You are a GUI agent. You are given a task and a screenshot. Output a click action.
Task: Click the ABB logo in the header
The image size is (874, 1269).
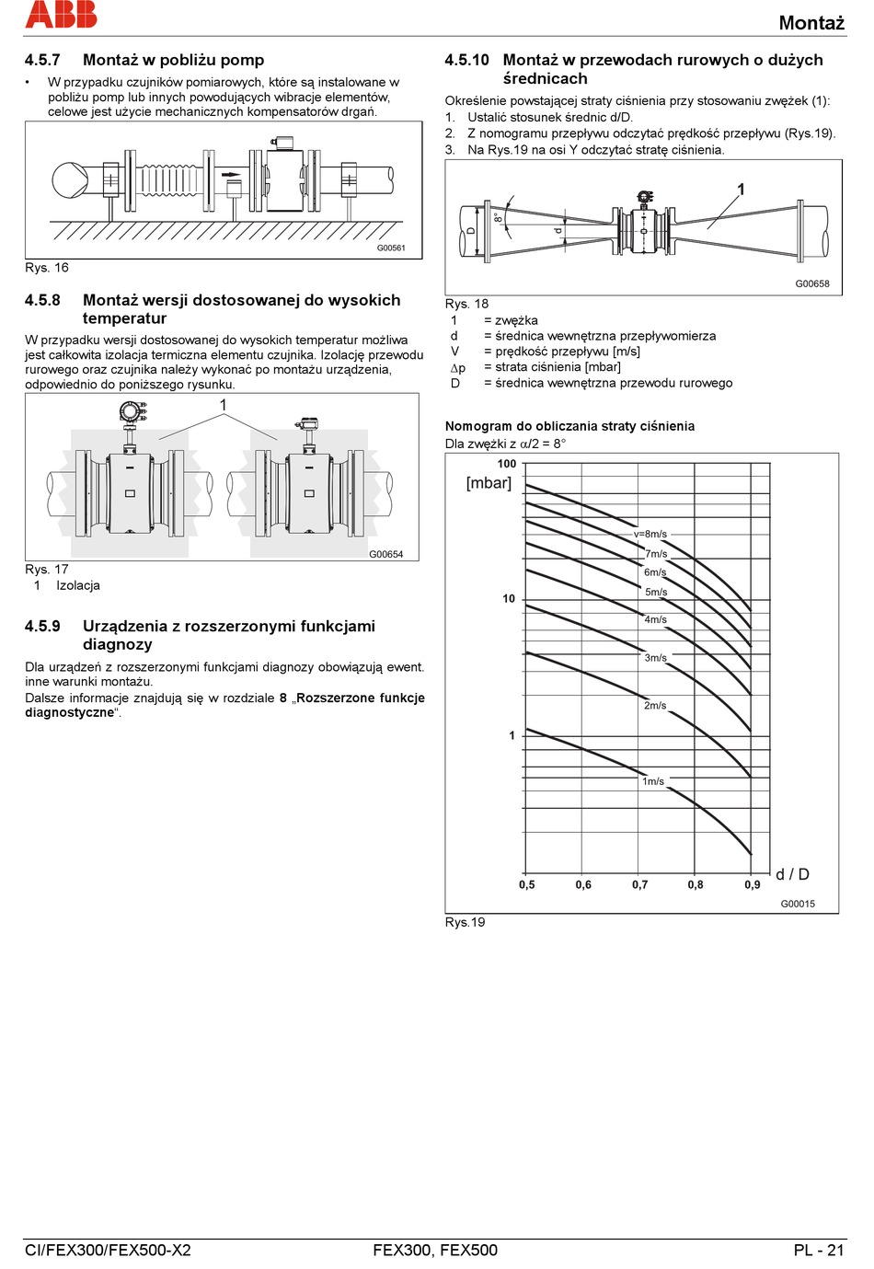point(61,14)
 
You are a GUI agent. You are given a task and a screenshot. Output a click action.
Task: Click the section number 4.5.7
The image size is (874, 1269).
point(42,60)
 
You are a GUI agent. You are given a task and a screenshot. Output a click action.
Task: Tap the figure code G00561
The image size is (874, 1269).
point(391,248)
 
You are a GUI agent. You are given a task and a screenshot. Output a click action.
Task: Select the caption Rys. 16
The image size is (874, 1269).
point(47,268)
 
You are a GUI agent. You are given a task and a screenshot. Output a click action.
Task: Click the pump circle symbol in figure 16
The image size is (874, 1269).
point(69,180)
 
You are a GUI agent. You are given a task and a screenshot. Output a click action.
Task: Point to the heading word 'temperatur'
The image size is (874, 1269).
point(124,318)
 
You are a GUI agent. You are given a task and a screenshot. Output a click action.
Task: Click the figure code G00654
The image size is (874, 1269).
point(386,554)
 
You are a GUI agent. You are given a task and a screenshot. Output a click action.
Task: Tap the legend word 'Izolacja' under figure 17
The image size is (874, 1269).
point(78,585)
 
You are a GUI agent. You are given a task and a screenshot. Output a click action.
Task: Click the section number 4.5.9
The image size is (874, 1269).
point(42,626)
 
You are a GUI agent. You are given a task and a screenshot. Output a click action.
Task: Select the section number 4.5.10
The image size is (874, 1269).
point(466,60)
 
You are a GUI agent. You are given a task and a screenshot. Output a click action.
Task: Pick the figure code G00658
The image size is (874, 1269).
point(812,284)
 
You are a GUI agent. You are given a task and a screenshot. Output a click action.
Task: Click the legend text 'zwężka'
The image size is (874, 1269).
point(516,320)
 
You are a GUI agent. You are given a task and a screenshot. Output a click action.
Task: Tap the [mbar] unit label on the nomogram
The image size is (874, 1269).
point(489,483)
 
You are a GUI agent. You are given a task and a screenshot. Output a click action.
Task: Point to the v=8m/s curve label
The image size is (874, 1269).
point(650,534)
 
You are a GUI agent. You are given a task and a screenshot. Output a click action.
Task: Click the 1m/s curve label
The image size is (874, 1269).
point(653,781)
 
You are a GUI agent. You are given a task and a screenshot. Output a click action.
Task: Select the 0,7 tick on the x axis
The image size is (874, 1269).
point(639,884)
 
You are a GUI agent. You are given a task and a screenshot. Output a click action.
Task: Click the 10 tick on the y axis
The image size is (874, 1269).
point(509,599)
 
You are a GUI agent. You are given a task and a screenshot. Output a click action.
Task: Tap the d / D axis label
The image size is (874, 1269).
point(792,874)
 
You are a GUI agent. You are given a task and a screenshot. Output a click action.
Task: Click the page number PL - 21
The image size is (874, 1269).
point(818,1250)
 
